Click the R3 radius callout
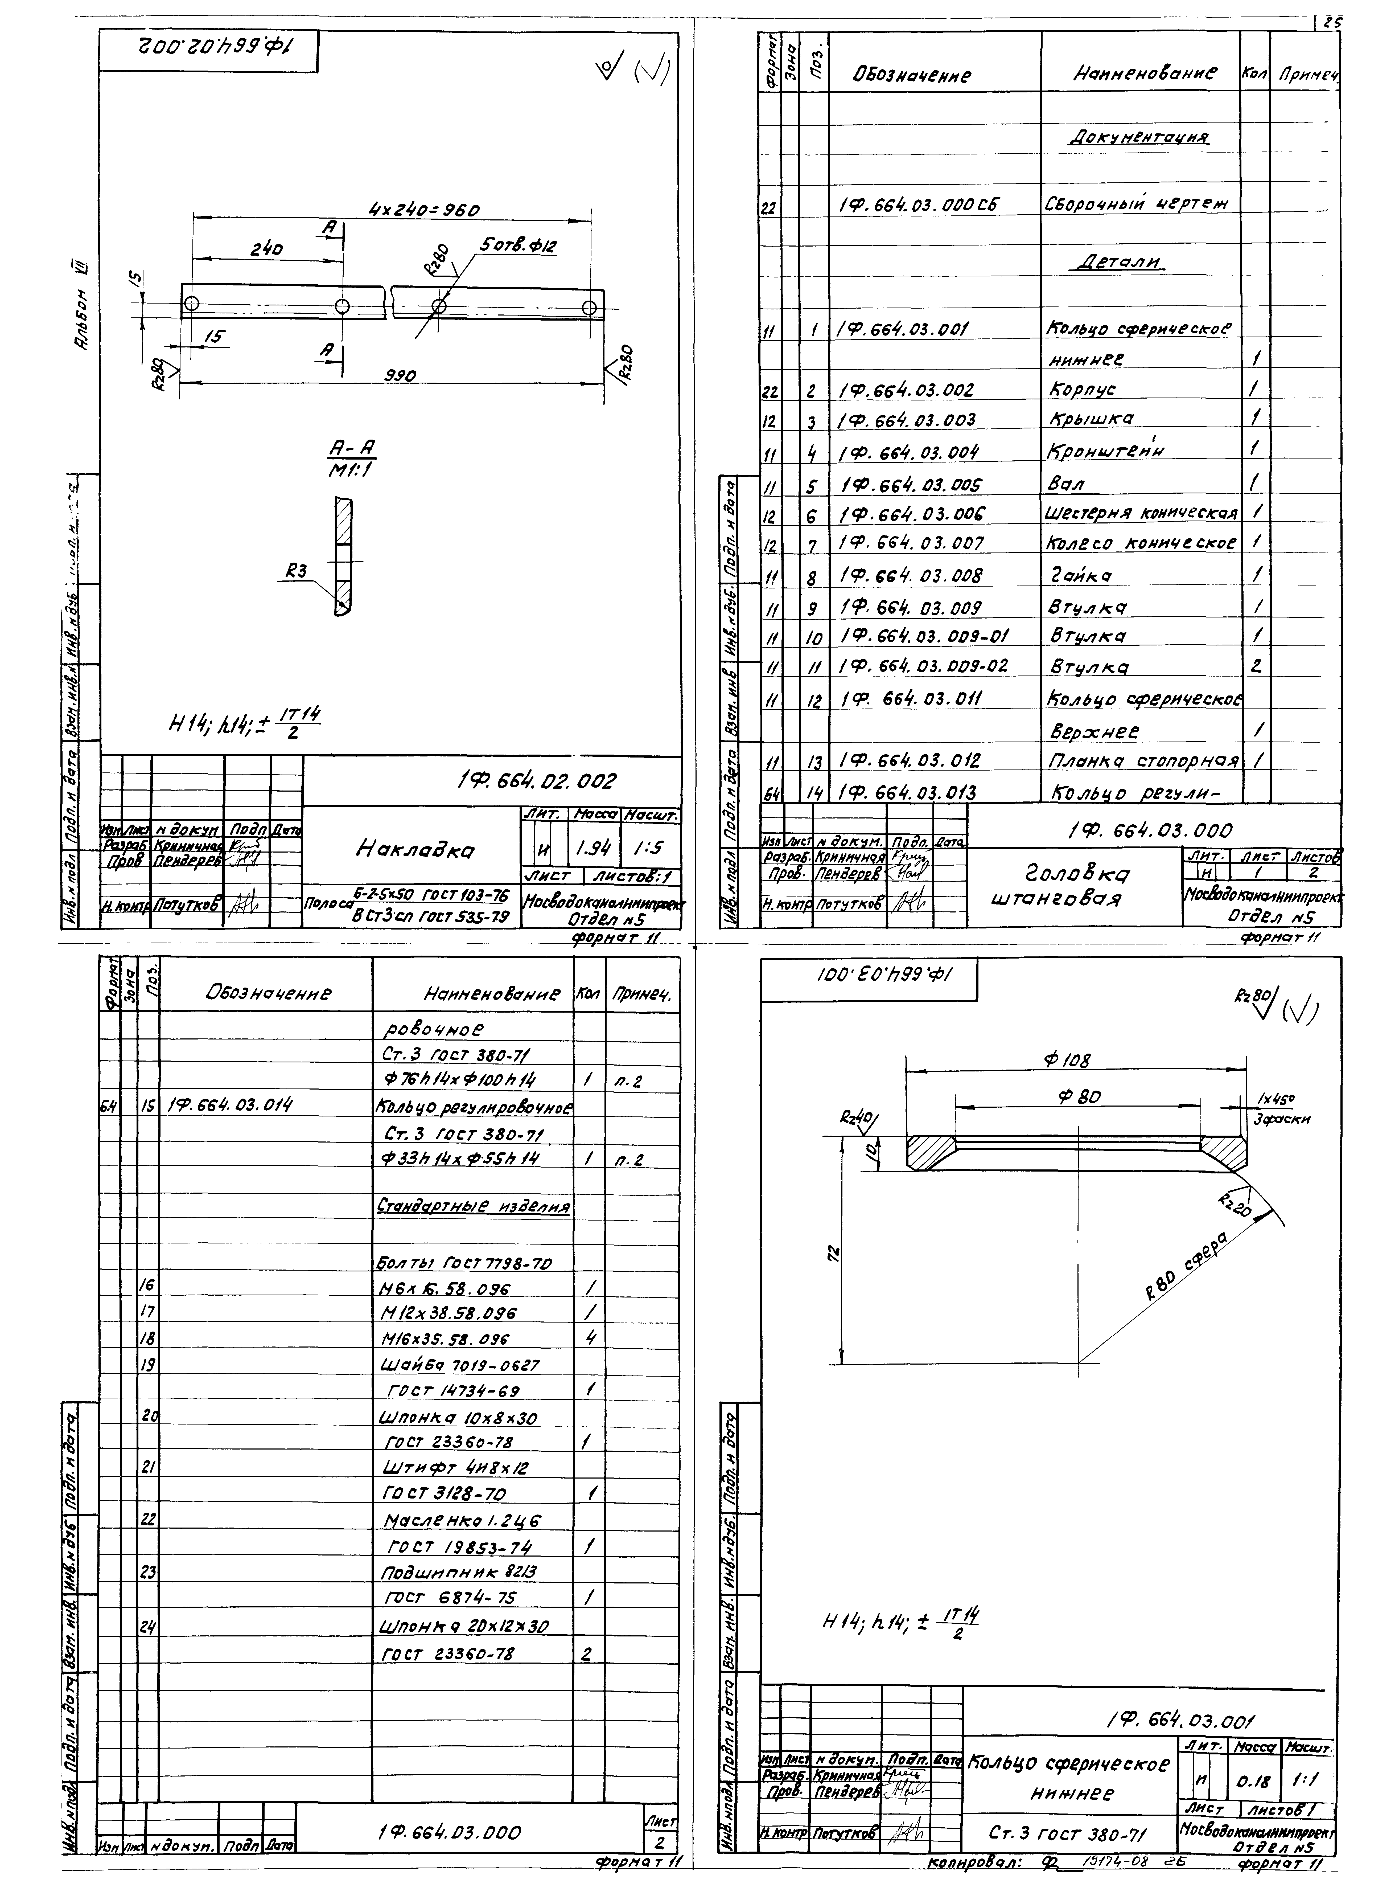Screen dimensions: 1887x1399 (297, 572)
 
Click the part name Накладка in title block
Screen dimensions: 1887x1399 (415, 848)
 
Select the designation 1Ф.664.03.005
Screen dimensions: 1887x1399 (910, 485)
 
